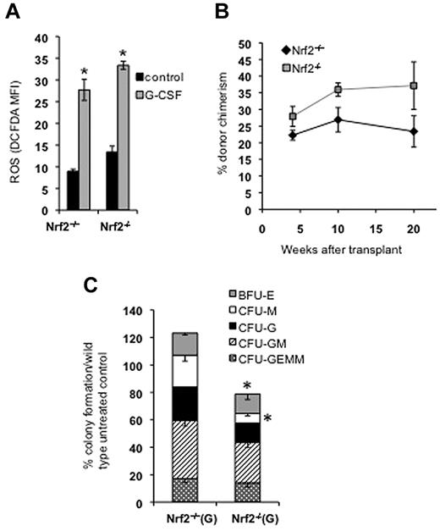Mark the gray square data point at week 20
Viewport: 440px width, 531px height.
414,86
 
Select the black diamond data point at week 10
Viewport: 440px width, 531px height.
338,119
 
